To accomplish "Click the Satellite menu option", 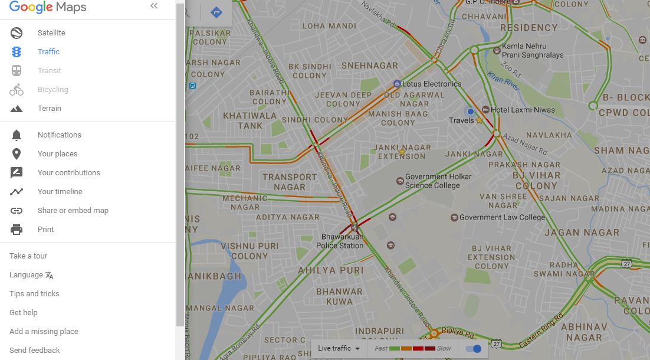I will click(51, 33).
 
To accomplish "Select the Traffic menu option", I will click(48, 52).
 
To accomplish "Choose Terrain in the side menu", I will click(49, 109).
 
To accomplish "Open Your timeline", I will click(60, 192).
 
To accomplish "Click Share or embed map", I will click(73, 211).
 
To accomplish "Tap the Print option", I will click(45, 230).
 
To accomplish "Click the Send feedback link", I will click(34, 351).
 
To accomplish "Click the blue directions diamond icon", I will click(216, 12).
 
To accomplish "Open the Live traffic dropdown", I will click(339, 348).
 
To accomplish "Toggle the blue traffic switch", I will click(473, 349).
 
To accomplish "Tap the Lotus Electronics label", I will click(431, 84).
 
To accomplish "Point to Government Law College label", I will click(502, 217).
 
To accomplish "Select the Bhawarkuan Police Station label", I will click(340, 241).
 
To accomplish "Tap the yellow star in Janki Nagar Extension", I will click(402, 152).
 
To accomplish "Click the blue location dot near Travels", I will click(470, 112).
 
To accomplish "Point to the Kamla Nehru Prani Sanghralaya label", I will click(532, 51).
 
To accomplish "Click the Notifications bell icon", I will click(17, 135).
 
